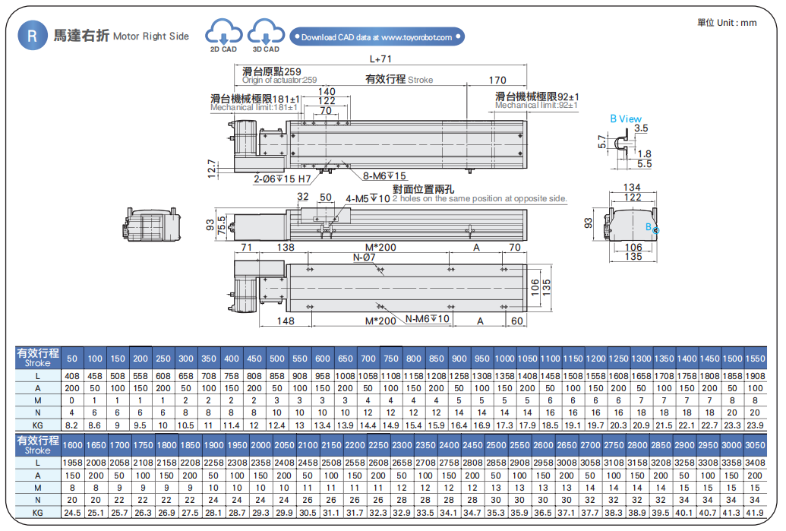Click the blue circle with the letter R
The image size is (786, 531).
pos(32,36)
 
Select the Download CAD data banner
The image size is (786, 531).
pos(377,37)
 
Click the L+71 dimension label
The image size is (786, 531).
pos(380,58)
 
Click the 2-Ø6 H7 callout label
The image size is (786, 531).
pos(282,179)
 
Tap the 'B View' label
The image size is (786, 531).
pos(625,119)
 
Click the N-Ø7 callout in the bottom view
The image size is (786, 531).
pos(365,258)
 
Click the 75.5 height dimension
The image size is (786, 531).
pos(221,226)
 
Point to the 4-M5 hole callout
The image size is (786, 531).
pos(368,199)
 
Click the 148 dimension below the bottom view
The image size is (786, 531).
pos(286,321)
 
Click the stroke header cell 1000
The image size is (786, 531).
pos(504,359)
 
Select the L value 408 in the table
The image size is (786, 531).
pos(72,376)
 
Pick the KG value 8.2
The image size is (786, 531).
pos(72,425)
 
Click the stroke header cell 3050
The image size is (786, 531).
pos(755,444)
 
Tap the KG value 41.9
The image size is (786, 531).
pos(755,513)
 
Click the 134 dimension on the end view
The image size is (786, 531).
pos(631,188)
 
